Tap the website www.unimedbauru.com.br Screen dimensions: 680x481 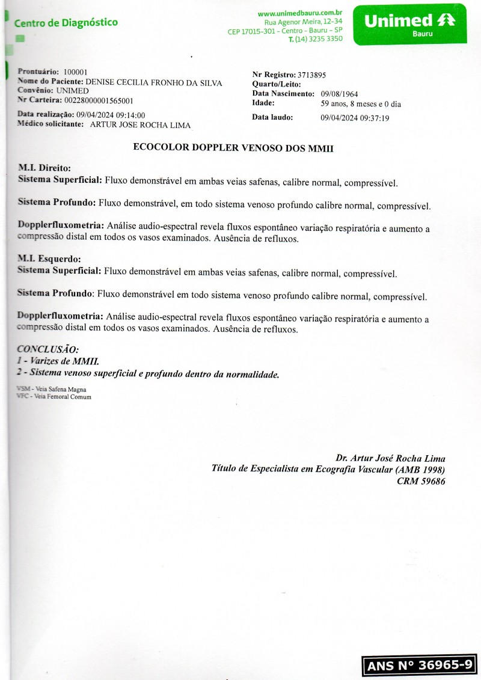[x=300, y=13]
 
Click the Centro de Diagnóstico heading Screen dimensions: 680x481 [x=66, y=23]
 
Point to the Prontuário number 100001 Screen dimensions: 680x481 [x=75, y=72]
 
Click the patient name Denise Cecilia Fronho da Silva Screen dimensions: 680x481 [x=154, y=82]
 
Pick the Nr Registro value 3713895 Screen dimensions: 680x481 [x=311, y=75]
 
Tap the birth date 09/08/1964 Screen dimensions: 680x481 [x=339, y=94]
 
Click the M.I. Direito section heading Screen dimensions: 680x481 [x=44, y=169]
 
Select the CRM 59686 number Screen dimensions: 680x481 [x=421, y=481]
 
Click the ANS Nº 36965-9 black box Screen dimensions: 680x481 [x=419, y=666]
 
